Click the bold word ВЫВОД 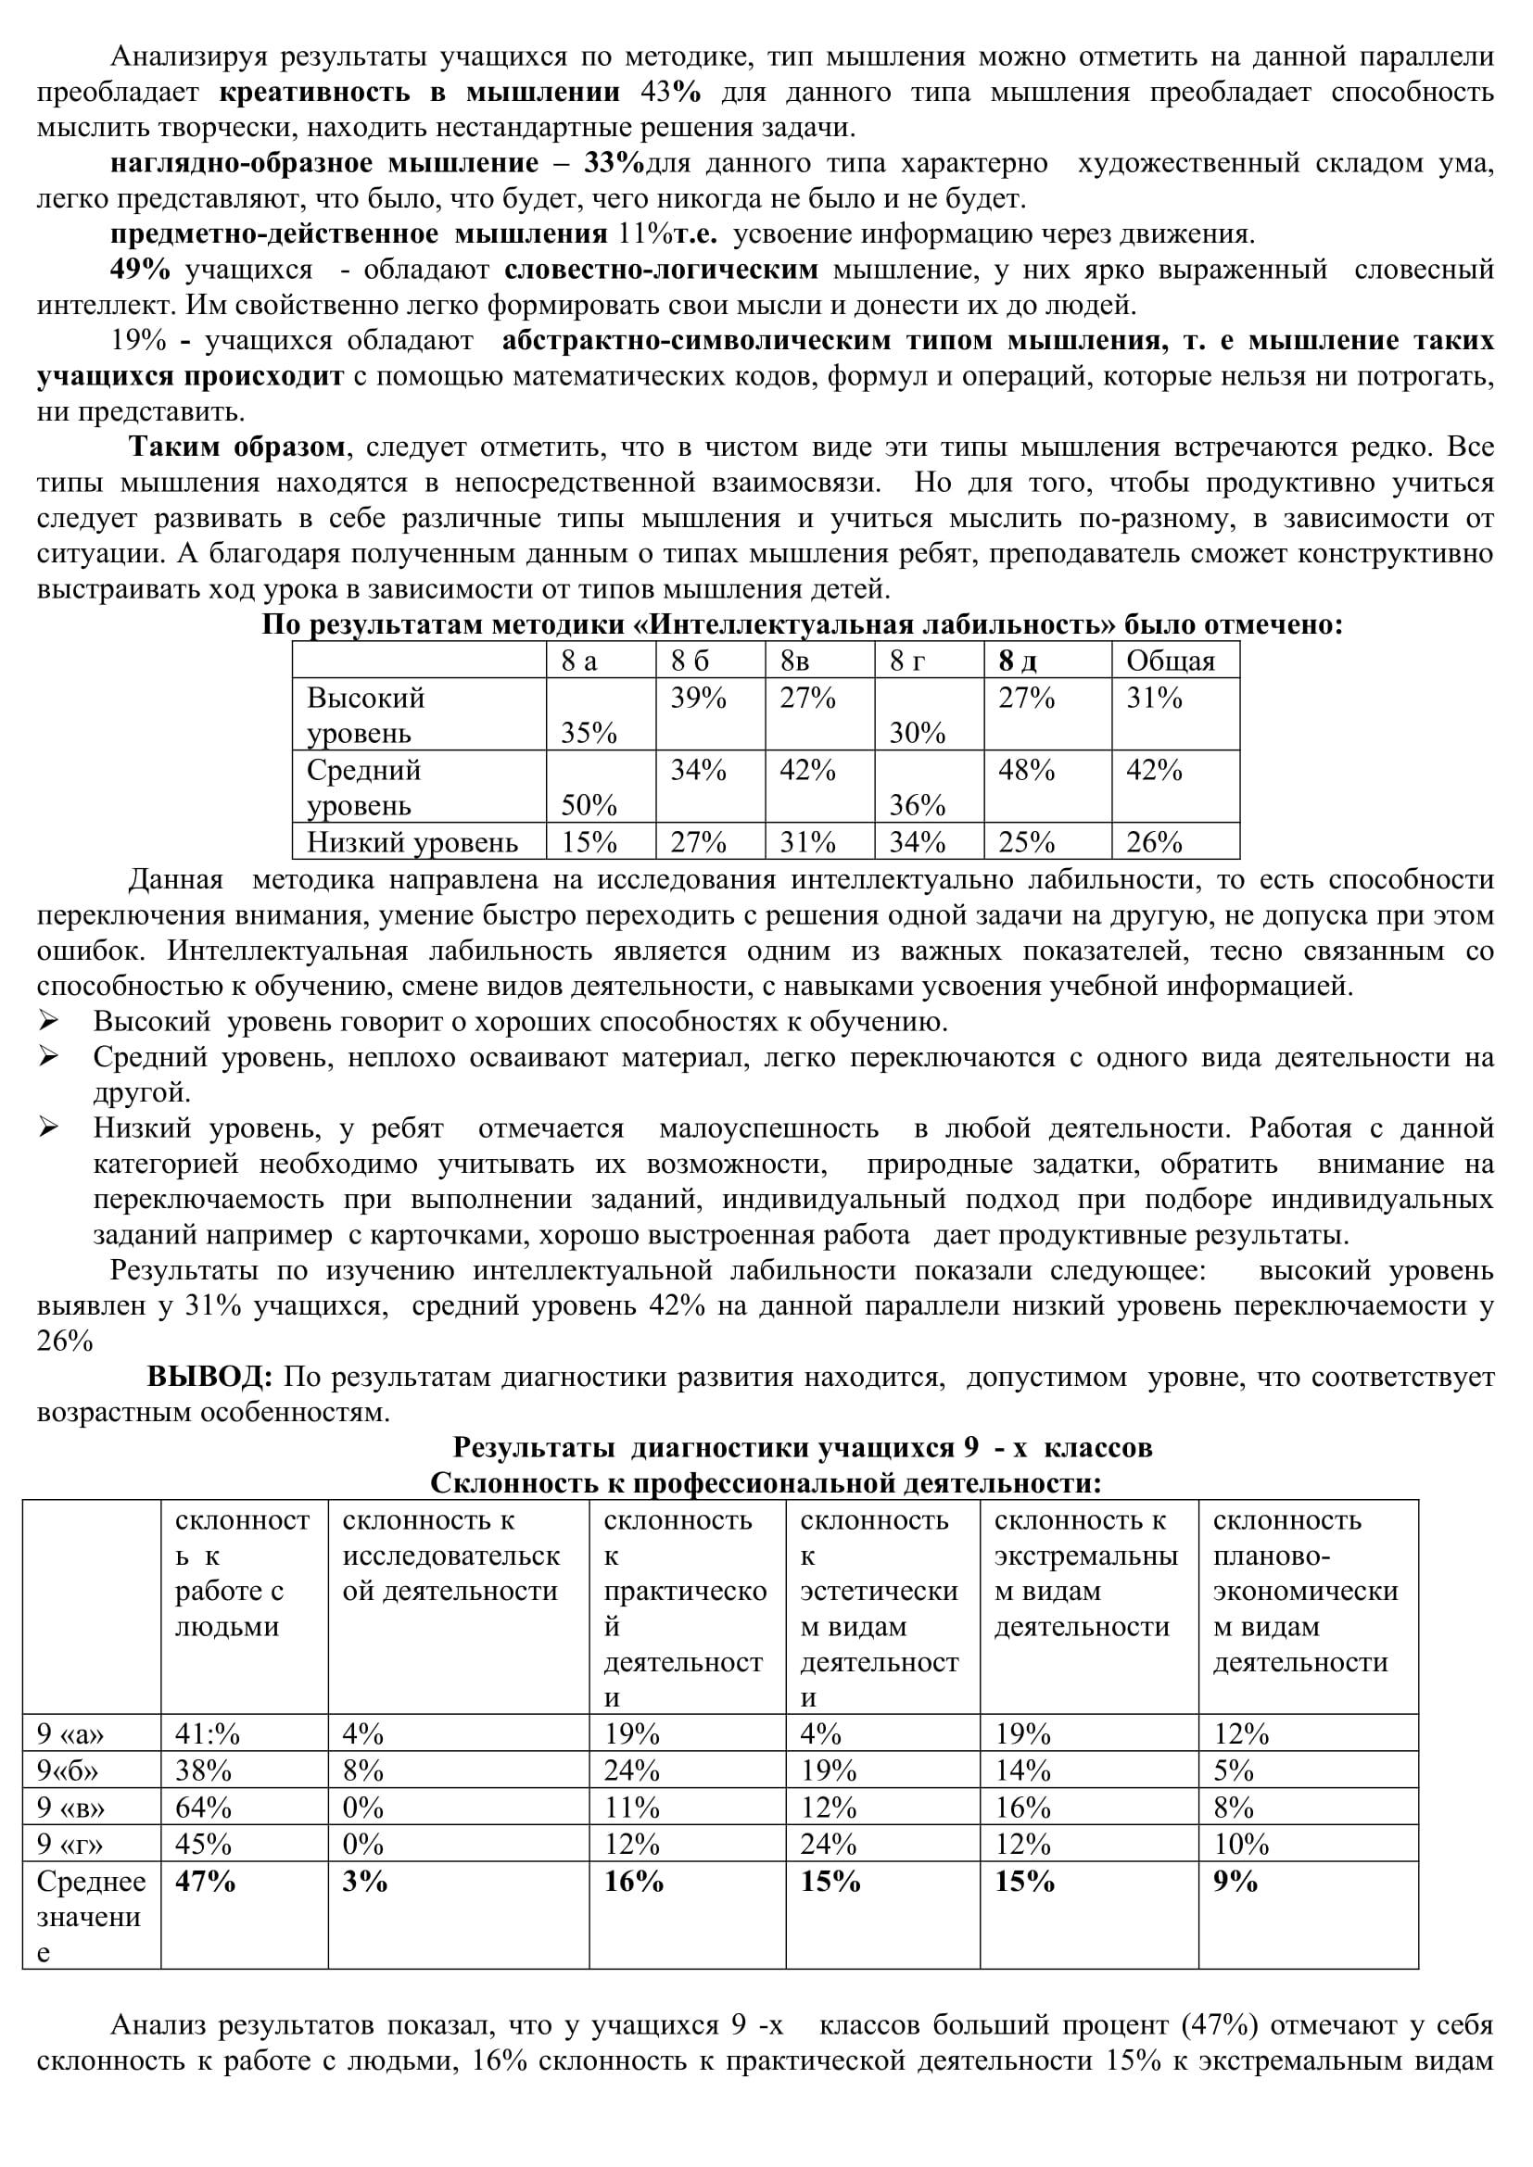(x=209, y=1377)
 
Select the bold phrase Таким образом (x=237, y=447)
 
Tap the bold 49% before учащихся (x=140, y=270)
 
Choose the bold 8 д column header (x=1018, y=661)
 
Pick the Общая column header (x=1171, y=661)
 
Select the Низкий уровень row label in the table (x=412, y=842)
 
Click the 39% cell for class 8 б (x=699, y=699)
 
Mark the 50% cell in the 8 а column (x=589, y=805)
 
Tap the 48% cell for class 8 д (x=1026, y=770)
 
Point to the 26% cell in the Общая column (x=1154, y=842)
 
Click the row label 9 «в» (x=70, y=1808)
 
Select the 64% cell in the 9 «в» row (x=203, y=1808)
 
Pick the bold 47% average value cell (x=205, y=1881)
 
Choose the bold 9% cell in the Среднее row (x=1235, y=1881)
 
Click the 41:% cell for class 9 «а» (x=208, y=1733)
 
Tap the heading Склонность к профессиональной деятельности (x=766, y=1483)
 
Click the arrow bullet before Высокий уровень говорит (x=49, y=1021)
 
